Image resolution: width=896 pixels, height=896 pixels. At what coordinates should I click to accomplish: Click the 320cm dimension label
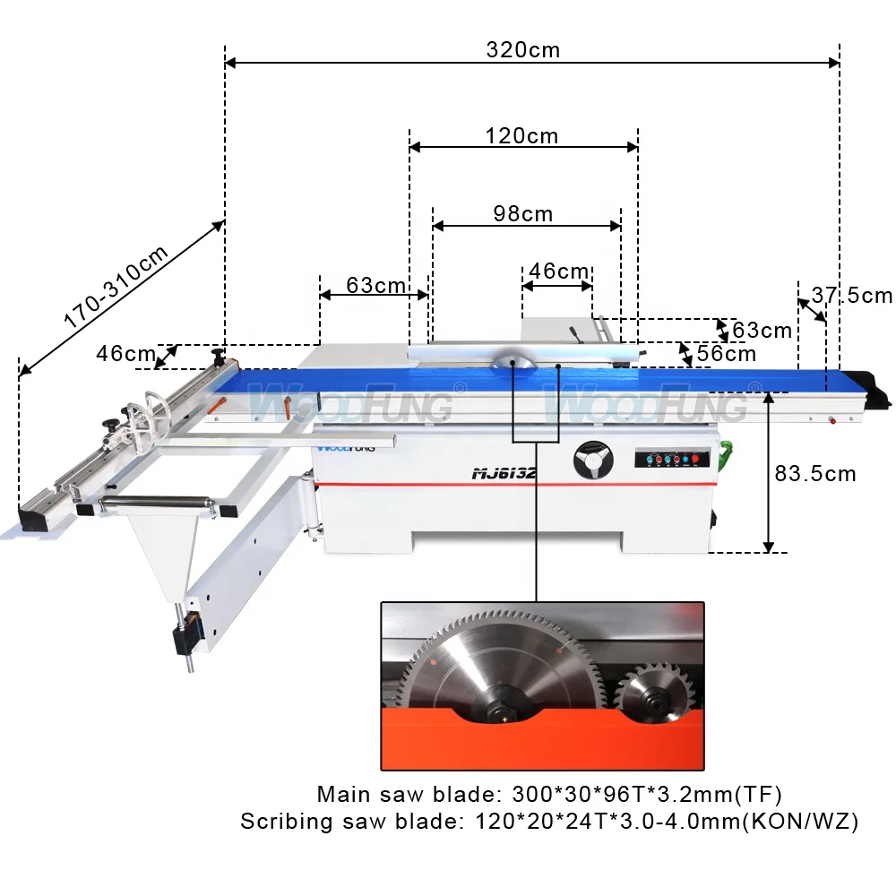point(522,49)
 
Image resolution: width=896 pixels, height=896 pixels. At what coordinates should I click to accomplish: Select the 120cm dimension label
point(521,135)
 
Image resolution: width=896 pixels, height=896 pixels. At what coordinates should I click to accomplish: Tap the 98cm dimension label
point(522,213)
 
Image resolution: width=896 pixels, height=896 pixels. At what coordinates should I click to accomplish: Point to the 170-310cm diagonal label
point(116,288)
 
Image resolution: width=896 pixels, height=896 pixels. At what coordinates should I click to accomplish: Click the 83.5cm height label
point(815,473)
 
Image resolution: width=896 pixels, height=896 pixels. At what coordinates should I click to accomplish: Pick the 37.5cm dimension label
point(852,295)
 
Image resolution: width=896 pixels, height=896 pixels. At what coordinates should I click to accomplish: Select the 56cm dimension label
point(726,353)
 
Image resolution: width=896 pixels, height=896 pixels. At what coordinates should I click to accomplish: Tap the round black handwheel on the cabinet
point(594,461)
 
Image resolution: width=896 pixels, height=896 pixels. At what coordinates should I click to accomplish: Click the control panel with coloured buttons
point(672,459)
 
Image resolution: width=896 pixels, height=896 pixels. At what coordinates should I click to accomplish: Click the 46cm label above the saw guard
point(559,271)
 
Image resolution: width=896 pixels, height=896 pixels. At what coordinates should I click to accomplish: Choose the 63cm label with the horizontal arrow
point(376,285)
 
